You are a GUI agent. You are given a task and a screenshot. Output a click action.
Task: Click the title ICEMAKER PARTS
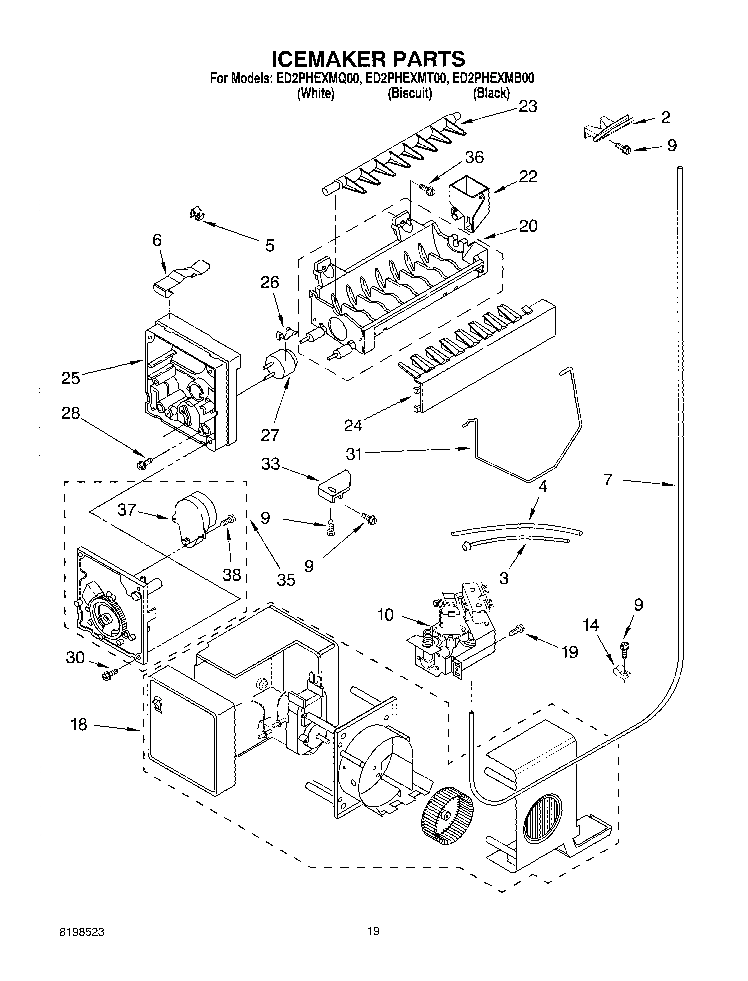tap(368, 59)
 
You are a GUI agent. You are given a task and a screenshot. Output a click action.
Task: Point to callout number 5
tap(269, 245)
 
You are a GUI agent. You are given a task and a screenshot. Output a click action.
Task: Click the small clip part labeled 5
tap(197, 215)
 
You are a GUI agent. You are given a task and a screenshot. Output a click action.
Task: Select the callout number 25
tap(70, 378)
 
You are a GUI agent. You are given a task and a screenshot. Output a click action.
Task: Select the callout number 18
tap(79, 724)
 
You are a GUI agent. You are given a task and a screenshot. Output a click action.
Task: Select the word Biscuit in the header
tap(410, 93)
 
